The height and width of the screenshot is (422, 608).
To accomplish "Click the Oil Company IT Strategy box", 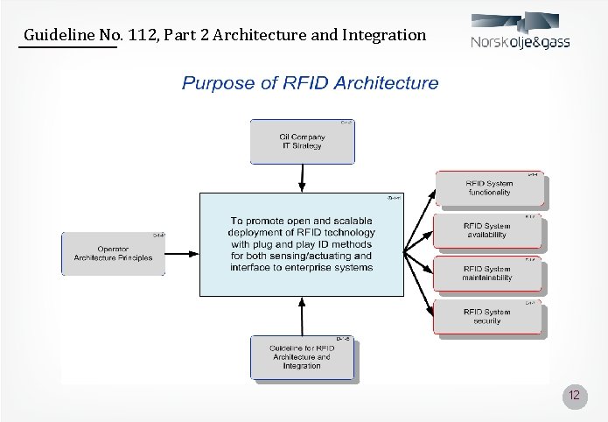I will (x=302, y=141).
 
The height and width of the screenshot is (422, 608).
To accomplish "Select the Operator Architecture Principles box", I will (x=113, y=254).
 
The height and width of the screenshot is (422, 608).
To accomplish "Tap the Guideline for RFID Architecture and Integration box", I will (x=302, y=357).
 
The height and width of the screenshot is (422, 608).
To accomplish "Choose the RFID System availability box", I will (x=489, y=231).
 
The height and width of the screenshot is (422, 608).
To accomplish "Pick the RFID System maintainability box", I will (x=489, y=273).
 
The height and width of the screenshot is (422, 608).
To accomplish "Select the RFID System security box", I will (x=489, y=316).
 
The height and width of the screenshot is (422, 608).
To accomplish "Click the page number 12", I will (x=574, y=396).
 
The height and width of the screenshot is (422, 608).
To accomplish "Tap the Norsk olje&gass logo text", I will (x=520, y=42).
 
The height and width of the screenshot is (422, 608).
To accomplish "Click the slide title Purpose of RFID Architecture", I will (x=310, y=84).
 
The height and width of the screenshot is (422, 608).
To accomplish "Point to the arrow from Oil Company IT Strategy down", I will (x=302, y=177).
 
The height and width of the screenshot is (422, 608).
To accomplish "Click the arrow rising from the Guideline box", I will (x=302, y=316).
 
